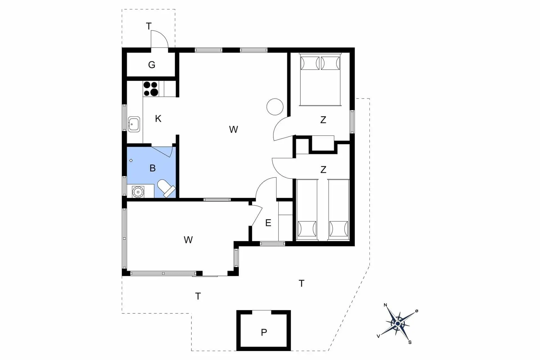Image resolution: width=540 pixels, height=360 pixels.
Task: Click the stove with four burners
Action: (151, 89)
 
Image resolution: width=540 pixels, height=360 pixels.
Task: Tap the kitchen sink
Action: (134, 124)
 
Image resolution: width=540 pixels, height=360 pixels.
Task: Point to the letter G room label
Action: (152, 65)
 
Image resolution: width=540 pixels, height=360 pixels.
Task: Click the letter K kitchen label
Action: (158, 119)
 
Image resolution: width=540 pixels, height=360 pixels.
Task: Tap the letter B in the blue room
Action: (152, 168)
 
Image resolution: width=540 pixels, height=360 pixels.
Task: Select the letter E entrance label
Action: (268, 223)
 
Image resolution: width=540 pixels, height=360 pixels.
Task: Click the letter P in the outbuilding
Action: (264, 332)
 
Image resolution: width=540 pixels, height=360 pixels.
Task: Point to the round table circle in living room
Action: (275, 107)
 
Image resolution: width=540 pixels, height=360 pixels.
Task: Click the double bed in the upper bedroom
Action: (320, 79)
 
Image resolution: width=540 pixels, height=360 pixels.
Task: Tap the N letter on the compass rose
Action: (385, 305)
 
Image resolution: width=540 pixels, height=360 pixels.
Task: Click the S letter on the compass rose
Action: (410, 342)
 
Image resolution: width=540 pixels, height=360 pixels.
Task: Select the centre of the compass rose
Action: (398, 324)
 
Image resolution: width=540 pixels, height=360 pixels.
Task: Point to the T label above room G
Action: (148, 26)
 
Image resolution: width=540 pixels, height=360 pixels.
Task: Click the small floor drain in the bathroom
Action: (131, 161)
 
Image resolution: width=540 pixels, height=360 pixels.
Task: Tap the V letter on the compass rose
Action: (379, 336)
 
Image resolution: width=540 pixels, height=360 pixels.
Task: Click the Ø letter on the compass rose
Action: (417, 311)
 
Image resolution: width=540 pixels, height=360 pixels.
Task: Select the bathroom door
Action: (162, 152)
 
